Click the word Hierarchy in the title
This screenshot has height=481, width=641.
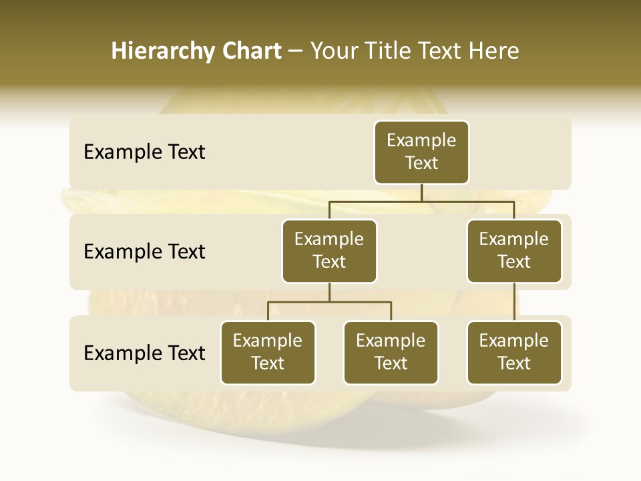162,51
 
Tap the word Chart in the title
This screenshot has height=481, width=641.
250,51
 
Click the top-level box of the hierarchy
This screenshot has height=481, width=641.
421,152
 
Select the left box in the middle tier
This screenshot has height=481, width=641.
329,251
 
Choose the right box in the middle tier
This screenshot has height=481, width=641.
514,251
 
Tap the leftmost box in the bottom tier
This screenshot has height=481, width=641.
268,353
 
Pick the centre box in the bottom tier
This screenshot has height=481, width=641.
391,353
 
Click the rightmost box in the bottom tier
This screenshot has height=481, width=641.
514,353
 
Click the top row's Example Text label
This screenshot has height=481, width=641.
144,152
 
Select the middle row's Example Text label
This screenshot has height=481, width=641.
144,252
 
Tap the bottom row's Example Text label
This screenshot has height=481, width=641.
144,353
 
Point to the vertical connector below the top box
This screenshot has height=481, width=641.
421,192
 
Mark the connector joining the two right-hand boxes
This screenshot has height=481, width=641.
514,302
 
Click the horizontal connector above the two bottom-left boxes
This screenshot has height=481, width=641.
329,302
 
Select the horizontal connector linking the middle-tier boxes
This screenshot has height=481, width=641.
421,201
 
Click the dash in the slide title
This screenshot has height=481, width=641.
295,51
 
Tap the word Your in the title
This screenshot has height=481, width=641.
335,51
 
